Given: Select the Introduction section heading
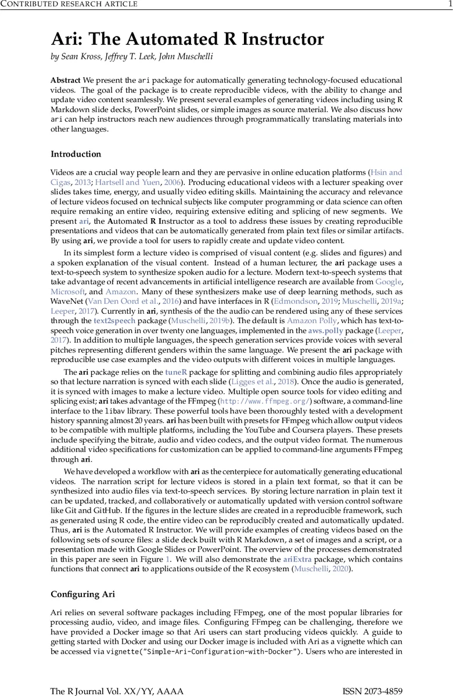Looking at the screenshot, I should pyautogui.click(x=75, y=154).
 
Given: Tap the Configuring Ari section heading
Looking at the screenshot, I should pyautogui.click(x=82, y=594).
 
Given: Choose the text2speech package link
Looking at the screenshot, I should pyautogui.click(x=114, y=320).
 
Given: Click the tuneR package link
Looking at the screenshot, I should pyautogui.click(x=176, y=373).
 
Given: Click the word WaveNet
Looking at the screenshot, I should pyautogui.click(x=66, y=302).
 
